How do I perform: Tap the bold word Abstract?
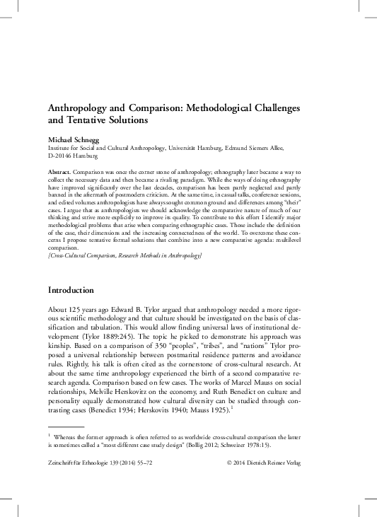pos(59,173)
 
